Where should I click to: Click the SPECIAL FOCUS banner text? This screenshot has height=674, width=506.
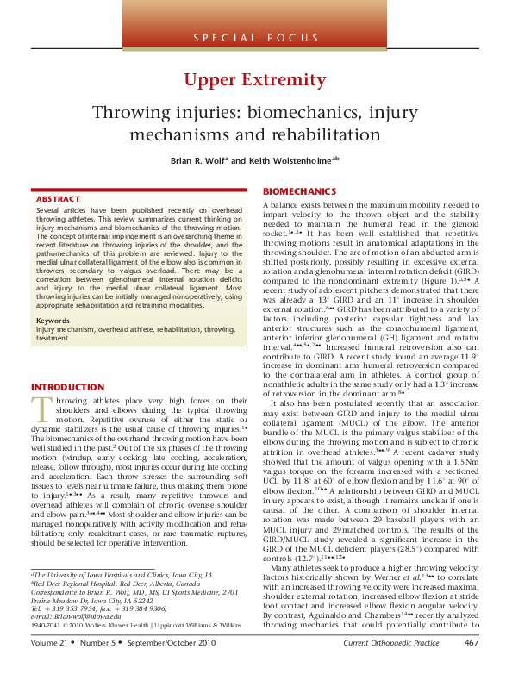253,38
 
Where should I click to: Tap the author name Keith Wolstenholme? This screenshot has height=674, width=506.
283,159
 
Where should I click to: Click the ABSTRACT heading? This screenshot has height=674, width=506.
59,199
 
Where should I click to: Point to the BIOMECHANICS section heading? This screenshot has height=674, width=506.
299,190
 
